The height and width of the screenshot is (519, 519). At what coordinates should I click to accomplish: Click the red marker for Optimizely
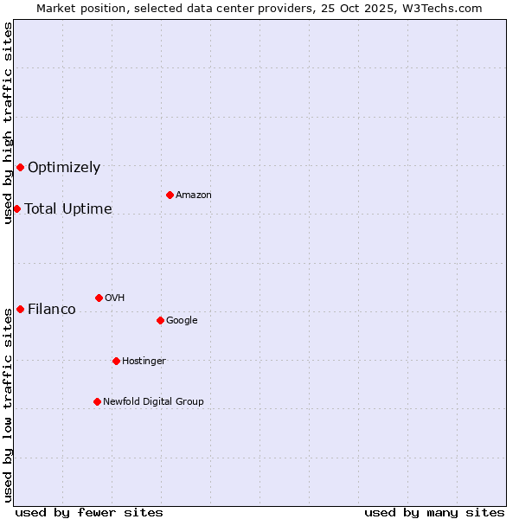coord(20,167)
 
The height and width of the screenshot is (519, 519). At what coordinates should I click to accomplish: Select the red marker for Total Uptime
coord(16,208)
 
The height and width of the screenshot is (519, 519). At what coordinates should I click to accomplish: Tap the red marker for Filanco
coord(20,309)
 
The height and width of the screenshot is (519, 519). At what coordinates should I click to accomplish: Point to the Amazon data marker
coord(170,195)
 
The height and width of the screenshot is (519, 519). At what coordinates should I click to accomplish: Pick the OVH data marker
coord(99,298)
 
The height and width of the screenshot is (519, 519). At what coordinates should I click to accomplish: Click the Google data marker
coord(160,320)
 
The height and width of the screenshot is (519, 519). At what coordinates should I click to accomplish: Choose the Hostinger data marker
coord(116,361)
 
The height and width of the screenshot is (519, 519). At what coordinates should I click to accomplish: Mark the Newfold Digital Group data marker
coord(97,401)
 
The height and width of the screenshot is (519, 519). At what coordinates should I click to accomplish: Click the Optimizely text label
coord(64,168)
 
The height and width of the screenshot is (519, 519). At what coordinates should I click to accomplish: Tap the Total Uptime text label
coord(68,209)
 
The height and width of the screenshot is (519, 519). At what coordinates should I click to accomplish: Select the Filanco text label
coord(52,310)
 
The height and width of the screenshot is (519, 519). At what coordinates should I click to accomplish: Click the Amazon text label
coord(194,195)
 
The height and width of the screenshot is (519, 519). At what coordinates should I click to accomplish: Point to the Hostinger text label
coord(144,362)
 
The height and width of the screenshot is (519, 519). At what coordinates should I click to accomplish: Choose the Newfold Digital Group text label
coord(153,402)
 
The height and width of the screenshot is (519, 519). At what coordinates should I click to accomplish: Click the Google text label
coord(182,321)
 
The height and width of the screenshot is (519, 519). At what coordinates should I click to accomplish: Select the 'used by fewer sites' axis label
coord(89,512)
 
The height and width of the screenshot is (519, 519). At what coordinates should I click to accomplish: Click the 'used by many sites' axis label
coord(434,512)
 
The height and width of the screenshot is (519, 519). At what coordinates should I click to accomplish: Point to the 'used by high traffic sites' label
coord(8,123)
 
